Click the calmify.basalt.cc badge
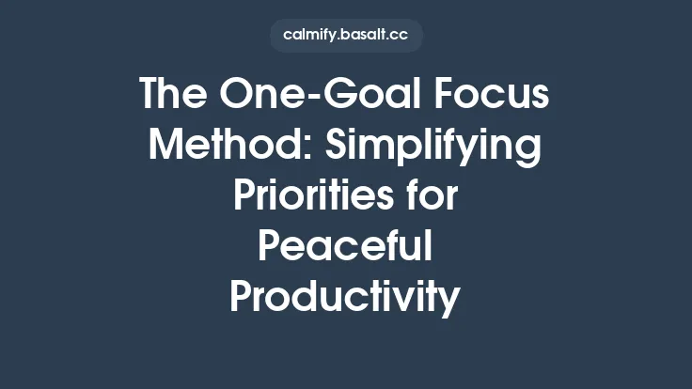pyautogui.click(x=346, y=36)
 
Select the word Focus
pyautogui.click(x=503, y=95)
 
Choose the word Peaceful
pyautogui.click(x=346, y=247)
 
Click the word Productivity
pyautogui.click(x=346, y=299)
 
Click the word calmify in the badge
pyautogui.click(x=311, y=36)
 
